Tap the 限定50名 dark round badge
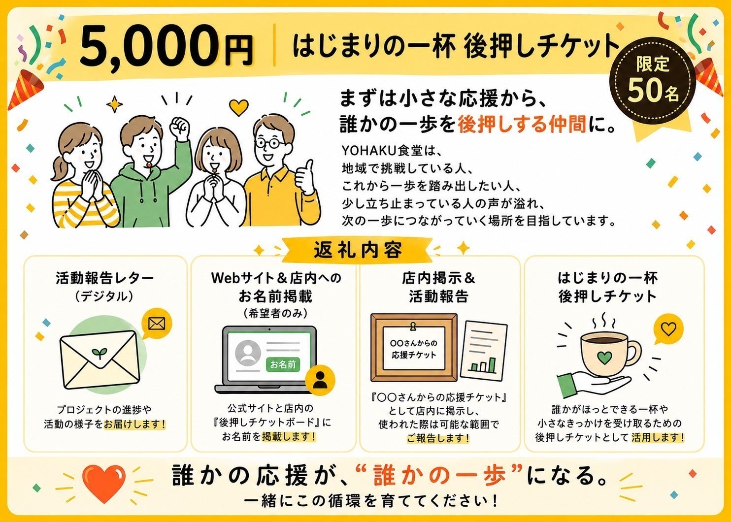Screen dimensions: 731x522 coord(653,80)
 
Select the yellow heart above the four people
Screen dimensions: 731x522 coord(238,107)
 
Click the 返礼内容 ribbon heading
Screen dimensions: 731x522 coord(358,250)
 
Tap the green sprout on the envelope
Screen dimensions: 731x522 coord(100,353)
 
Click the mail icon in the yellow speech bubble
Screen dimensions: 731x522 coord(157,324)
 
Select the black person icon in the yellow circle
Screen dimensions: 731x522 coord(320,380)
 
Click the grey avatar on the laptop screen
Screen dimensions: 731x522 coord(248,353)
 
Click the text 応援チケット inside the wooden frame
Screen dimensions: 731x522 coord(414,355)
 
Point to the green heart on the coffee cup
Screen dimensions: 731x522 coord(604,358)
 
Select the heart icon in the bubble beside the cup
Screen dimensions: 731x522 coord(668,328)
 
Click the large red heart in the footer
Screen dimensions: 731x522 coord(104,483)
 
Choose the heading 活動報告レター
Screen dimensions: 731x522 coord(105,278)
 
